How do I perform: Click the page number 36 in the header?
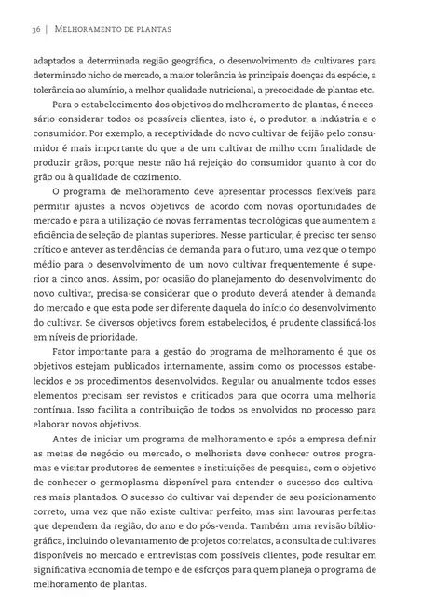click(x=34, y=30)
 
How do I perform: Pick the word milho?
click(x=267, y=164)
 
